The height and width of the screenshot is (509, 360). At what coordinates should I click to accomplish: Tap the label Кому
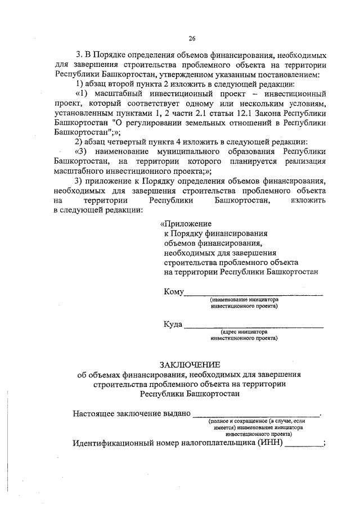tap(174, 292)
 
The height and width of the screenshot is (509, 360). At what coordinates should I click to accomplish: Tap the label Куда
tap(174, 325)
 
